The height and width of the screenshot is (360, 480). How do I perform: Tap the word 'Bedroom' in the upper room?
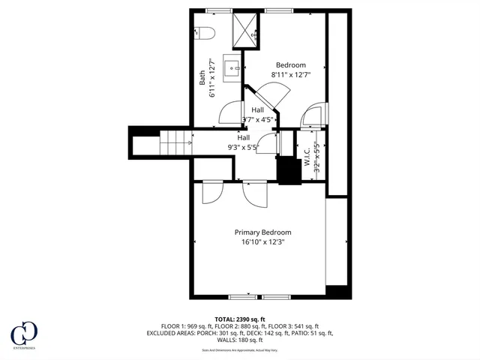(x=290, y=65)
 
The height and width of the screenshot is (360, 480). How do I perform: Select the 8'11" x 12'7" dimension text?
(x=290, y=75)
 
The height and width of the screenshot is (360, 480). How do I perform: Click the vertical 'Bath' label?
(x=202, y=77)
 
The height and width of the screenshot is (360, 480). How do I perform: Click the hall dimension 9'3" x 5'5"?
(x=244, y=148)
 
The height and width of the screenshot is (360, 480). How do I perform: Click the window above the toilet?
(x=218, y=10)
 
